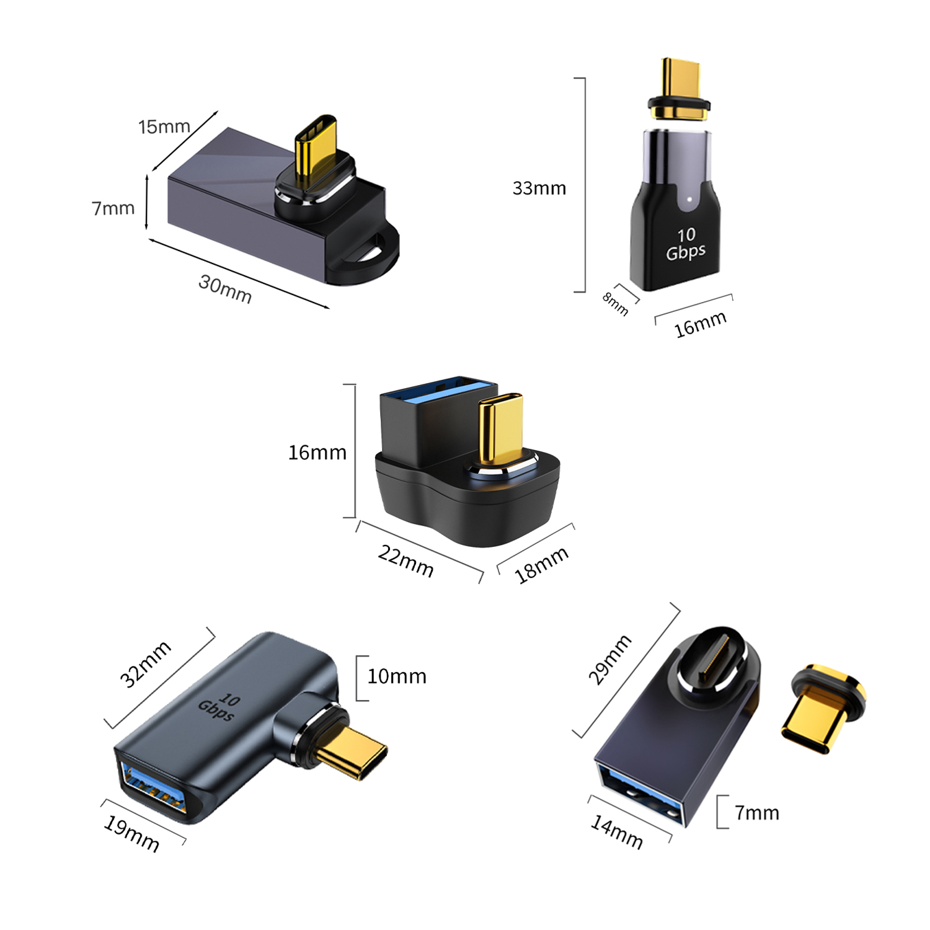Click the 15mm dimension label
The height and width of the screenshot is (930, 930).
tap(164, 126)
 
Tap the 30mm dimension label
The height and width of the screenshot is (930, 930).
tap(225, 289)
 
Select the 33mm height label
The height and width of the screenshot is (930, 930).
tap(539, 188)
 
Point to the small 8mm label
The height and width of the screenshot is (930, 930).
tap(615, 304)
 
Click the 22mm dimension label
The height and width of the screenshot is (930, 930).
tap(406, 561)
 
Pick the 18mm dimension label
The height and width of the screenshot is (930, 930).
tap(541, 565)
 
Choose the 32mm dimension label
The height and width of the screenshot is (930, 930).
tap(145, 664)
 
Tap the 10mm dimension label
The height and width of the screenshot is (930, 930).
tap(397, 676)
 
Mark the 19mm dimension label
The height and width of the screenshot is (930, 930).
tap(131, 834)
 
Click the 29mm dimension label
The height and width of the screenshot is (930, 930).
tap(609, 660)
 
